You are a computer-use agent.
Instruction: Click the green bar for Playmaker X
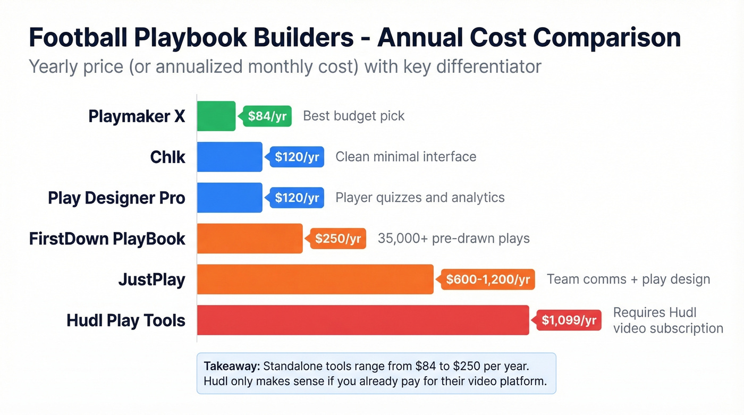pos(216,116)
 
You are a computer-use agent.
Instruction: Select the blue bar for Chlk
pos(230,157)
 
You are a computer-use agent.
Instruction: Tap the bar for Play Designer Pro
pos(230,198)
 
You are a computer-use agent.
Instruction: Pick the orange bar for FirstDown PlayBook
pos(250,239)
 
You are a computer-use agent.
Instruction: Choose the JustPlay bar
pos(315,279)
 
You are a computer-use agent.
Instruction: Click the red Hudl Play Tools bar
pos(363,320)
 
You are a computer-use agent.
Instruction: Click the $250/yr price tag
pos(339,239)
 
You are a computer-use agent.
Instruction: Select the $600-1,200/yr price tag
pos(488,280)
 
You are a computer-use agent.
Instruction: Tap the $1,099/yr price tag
pos(569,320)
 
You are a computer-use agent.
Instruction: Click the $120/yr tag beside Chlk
pos(297,157)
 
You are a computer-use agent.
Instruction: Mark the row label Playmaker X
pos(137,116)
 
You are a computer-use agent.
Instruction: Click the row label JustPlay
pos(151,280)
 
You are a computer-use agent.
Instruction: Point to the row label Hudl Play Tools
pos(126,320)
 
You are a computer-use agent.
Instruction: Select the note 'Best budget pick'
pos(354,116)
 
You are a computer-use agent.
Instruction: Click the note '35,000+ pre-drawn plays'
pos(453,238)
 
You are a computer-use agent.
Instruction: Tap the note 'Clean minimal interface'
pos(405,157)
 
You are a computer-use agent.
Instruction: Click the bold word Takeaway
pos(231,366)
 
